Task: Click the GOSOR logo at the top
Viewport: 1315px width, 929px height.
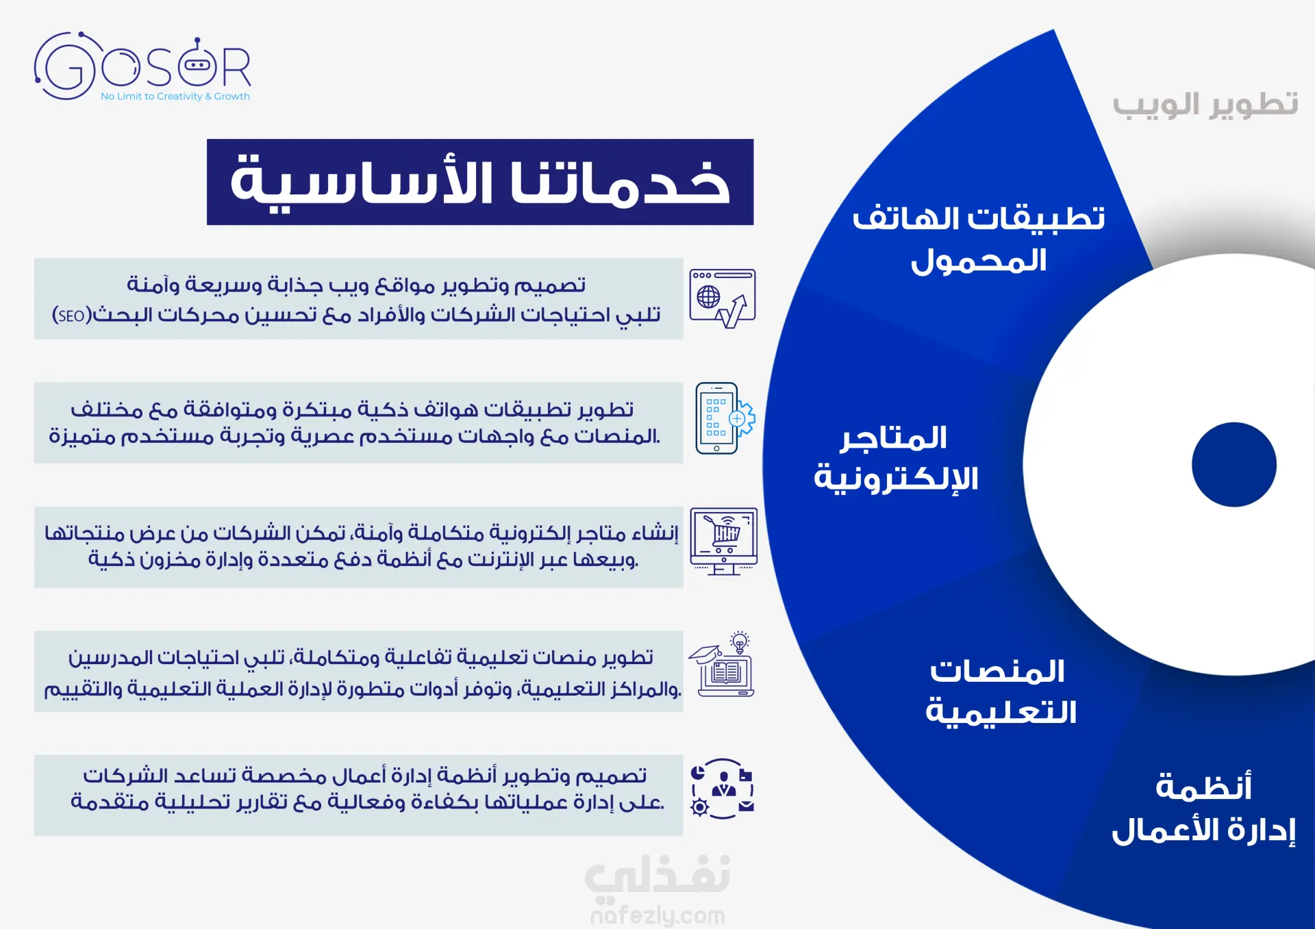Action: point(142,66)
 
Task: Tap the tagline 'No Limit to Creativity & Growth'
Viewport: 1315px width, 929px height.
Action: point(175,97)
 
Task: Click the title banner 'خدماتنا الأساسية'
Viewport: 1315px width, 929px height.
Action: point(480,182)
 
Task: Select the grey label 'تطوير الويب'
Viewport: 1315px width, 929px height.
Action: point(1205,105)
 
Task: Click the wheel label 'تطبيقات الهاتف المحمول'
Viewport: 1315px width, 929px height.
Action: point(979,240)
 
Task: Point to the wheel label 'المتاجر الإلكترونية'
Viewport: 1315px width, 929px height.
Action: point(896,458)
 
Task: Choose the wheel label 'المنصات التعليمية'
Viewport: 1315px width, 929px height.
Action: point(1001,691)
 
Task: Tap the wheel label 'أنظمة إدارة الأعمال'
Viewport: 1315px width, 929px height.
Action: point(1204,809)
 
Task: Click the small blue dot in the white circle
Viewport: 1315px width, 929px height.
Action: point(1233,465)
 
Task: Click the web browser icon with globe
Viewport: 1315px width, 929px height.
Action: point(723,298)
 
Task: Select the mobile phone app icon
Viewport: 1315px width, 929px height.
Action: point(725,418)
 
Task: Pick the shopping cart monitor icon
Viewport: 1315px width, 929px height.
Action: point(723,542)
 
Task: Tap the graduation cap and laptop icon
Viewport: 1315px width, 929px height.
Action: point(722,664)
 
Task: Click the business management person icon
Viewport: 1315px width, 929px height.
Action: point(723,789)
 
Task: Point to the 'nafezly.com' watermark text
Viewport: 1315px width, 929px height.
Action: point(657,915)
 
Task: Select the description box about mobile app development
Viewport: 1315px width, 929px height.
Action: point(359,422)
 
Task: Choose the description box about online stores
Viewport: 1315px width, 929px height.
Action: point(359,547)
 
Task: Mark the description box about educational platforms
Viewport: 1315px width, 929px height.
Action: point(359,671)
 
